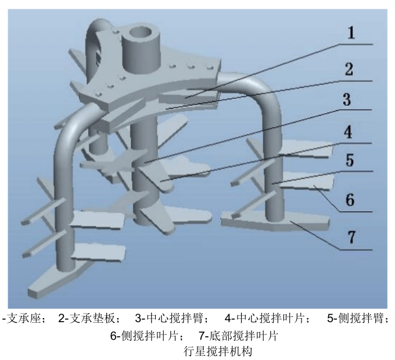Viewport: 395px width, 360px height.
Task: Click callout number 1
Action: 350,33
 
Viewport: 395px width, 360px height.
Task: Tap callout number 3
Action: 347,100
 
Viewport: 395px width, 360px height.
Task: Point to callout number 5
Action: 349,161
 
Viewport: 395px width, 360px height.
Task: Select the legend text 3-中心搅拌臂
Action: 172,318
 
